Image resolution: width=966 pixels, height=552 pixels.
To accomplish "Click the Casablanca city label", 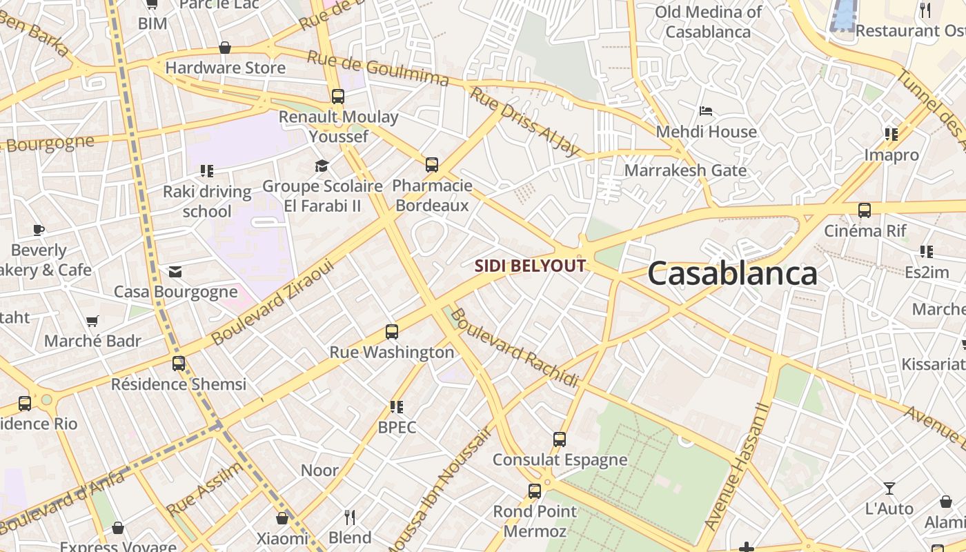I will [732, 274].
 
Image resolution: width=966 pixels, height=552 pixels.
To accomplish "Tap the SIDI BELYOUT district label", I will [530, 266].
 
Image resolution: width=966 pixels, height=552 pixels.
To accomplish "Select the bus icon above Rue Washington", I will [392, 332].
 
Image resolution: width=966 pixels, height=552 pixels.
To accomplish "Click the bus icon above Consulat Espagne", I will [560, 440].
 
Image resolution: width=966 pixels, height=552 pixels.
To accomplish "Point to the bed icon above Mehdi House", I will [706, 111].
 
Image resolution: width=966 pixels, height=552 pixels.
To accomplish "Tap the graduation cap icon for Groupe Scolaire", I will [322, 166].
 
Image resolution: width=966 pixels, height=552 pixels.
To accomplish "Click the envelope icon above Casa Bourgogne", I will [175, 272].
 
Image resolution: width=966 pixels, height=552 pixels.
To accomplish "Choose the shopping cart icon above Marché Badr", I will [92, 321].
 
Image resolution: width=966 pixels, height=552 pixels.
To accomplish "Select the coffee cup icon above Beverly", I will [39, 230].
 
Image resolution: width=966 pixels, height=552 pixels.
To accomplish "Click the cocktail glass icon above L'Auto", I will [889, 489].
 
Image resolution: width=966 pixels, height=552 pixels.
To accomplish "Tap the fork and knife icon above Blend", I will [350, 517].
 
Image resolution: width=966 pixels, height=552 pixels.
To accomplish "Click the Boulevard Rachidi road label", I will [515, 348].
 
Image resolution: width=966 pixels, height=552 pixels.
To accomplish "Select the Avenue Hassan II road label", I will [737, 467].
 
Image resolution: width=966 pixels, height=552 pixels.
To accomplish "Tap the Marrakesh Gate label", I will [685, 170].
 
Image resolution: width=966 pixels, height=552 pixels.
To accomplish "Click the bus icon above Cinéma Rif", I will [865, 210].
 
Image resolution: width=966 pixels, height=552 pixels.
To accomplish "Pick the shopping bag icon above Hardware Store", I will [225, 48].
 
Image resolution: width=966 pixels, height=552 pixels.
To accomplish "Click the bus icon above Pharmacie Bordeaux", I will [432, 165].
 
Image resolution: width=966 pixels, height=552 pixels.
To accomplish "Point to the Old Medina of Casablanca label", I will [708, 21].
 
